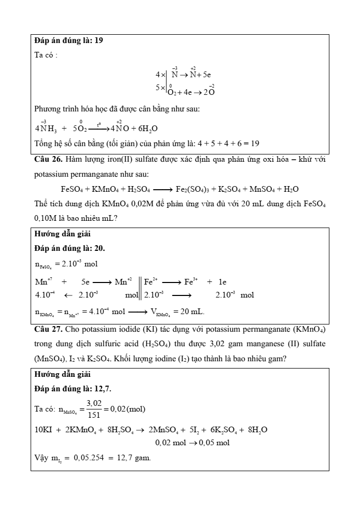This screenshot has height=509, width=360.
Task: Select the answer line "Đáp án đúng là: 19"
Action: pyautogui.click(x=68, y=40)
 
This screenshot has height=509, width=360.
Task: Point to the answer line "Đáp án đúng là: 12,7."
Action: pyautogui.click(x=72, y=388)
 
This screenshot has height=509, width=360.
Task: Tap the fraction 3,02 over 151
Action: pyautogui.click(x=94, y=409)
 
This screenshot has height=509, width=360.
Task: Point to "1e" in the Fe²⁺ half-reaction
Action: pyautogui.click(x=222, y=282)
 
